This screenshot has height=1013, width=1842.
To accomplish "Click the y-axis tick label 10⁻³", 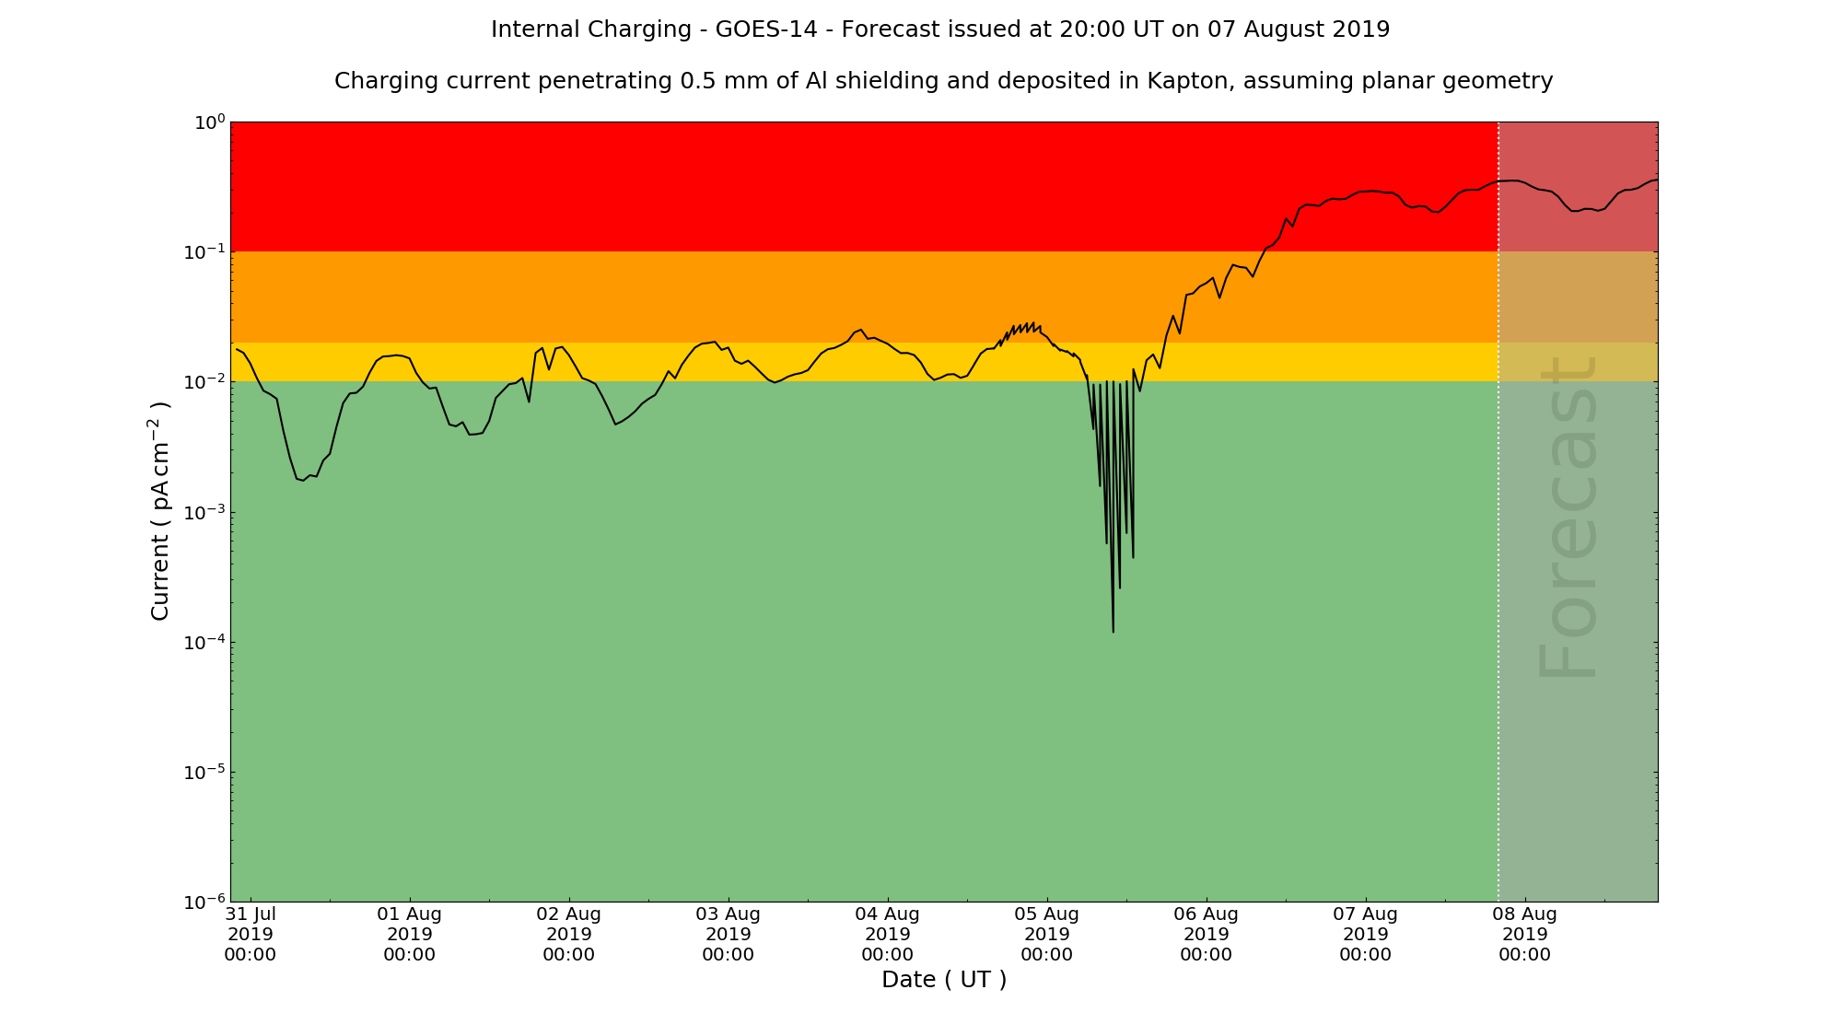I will [204, 512].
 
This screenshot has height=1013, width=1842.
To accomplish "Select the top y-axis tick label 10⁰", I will [208, 122].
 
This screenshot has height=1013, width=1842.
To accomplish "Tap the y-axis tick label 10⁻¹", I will [204, 251].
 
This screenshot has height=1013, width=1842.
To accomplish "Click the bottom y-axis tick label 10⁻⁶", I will [204, 902].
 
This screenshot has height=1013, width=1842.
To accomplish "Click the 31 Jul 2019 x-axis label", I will [251, 934].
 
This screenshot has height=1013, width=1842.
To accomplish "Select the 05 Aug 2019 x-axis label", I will [1047, 934].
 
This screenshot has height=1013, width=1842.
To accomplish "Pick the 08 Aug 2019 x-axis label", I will [1525, 934].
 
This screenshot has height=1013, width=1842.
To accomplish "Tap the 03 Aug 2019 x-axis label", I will [729, 934].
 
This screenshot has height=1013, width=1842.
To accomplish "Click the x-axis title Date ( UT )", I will [944, 980].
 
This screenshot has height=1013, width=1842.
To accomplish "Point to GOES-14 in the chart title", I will [765, 29].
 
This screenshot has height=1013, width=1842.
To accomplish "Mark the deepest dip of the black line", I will [1113, 631].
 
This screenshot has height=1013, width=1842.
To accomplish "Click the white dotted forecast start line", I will [1498, 553].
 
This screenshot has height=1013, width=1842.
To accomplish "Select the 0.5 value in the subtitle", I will [697, 81].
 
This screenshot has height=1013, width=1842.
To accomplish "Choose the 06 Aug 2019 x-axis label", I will [1207, 934].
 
